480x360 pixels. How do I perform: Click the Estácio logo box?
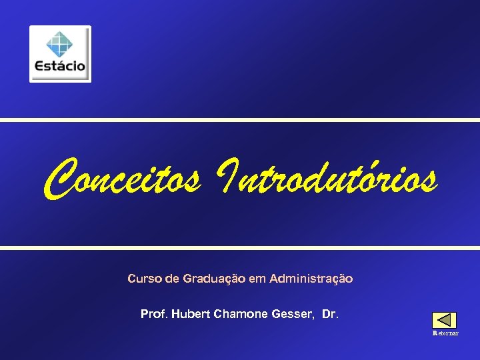(x=60, y=54)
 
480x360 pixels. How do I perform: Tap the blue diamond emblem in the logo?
(x=60, y=45)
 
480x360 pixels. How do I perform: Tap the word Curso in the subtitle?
(x=143, y=279)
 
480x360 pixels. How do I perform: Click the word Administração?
(x=311, y=279)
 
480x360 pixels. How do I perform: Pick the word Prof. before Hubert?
(x=154, y=313)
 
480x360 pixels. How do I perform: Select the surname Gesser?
(x=293, y=313)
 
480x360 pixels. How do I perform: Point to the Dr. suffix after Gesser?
(x=330, y=313)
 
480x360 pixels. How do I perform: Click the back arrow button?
(x=445, y=320)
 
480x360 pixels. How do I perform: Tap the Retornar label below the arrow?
(x=445, y=333)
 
